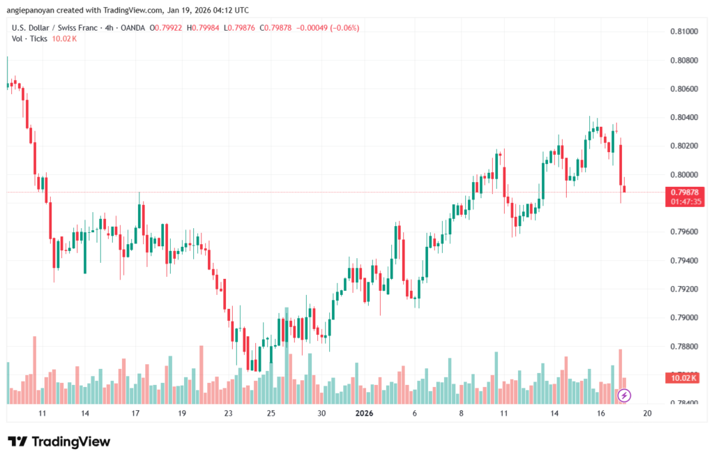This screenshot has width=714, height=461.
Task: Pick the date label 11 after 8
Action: tap(503, 413)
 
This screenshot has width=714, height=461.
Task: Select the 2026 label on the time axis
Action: tap(365, 413)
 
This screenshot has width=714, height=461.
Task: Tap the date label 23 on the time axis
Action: tap(228, 413)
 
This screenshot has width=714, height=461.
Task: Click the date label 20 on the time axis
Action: tap(647, 413)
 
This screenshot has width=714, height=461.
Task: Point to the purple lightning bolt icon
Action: tap(625, 395)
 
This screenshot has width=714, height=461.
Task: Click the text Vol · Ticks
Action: tap(29, 38)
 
